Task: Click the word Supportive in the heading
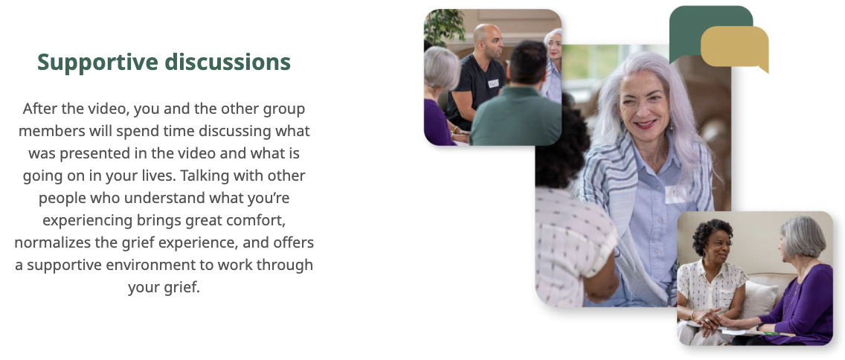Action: (97, 62)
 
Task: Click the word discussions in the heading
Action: (228, 62)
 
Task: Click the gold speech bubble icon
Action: (734, 48)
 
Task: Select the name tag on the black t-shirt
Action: (493, 83)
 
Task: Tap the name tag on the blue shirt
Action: (675, 195)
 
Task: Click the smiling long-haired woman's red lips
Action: (645, 124)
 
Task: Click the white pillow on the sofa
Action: (761, 299)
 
